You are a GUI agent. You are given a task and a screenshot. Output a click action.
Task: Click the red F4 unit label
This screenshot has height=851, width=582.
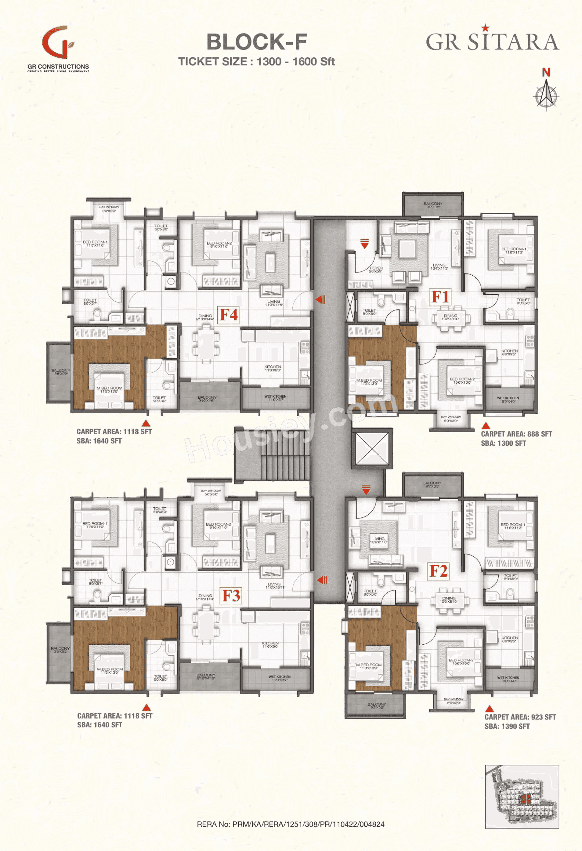tap(229, 315)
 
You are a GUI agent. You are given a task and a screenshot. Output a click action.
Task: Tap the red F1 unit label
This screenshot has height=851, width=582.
tap(440, 296)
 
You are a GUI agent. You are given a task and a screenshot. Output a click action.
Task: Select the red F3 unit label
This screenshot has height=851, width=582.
tap(231, 596)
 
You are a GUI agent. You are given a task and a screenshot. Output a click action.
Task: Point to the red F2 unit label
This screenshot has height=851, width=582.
tap(438, 571)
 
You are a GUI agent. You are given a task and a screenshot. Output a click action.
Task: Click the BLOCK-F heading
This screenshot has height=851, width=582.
tap(257, 42)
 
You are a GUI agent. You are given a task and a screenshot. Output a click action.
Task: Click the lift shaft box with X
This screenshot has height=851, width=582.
tap(372, 448)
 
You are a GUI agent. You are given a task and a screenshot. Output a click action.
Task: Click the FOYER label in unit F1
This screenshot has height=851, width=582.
tap(375, 269)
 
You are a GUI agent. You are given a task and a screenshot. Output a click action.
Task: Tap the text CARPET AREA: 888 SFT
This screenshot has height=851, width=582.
tap(516, 434)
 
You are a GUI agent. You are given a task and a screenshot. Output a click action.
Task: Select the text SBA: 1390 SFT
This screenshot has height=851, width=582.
tap(507, 726)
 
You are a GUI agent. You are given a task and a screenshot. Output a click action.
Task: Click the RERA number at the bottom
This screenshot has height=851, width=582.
tap(291, 824)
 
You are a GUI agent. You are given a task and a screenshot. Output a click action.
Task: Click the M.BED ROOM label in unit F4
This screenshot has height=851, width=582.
tap(109, 389)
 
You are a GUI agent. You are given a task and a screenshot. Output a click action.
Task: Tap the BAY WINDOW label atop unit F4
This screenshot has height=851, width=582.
tap(109, 209)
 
